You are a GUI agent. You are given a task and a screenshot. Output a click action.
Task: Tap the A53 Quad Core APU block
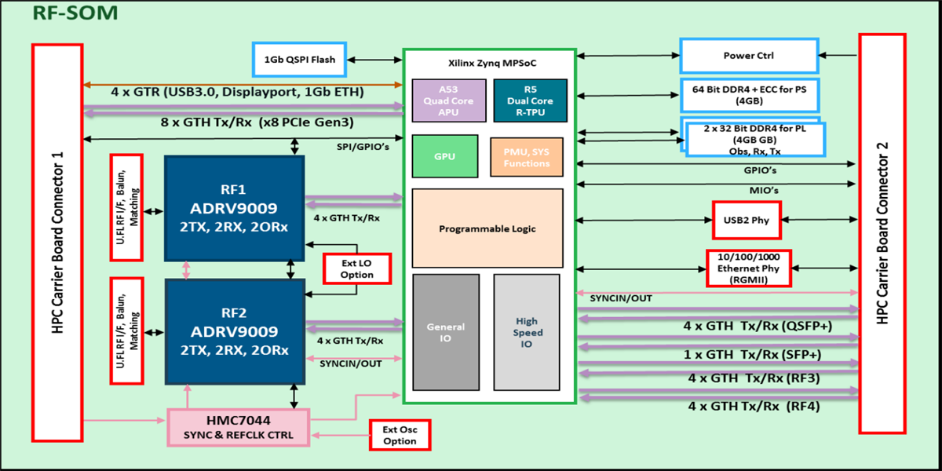click(x=444, y=100)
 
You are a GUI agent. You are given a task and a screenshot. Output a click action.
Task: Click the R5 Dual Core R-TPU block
click(x=530, y=100)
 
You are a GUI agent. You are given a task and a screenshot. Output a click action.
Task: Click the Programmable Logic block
click(x=487, y=228)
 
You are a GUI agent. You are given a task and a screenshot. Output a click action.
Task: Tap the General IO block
click(x=444, y=332)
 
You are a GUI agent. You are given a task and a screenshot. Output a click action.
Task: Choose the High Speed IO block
click(x=527, y=332)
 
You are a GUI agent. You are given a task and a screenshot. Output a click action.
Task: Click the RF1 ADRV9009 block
click(x=234, y=208)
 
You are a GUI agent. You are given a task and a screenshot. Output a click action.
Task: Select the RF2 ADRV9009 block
click(x=234, y=330)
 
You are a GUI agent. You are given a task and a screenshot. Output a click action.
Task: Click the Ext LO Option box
click(x=358, y=268)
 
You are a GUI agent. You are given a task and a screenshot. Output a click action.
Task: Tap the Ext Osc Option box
click(x=400, y=435)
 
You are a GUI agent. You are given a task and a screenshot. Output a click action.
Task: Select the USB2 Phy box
click(x=747, y=221)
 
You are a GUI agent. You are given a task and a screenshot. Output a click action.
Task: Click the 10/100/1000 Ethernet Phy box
click(x=748, y=268)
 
